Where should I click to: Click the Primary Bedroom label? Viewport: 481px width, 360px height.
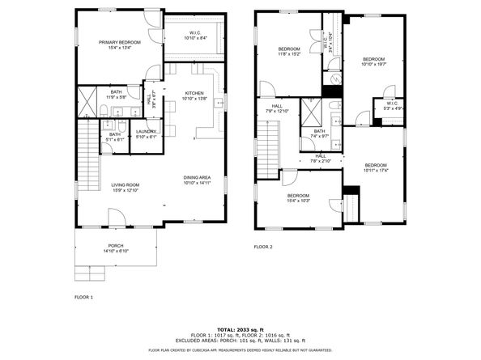tap(120, 44)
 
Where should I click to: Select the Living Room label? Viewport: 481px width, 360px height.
tap(126, 188)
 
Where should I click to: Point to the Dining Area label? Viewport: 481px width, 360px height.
tap(197, 180)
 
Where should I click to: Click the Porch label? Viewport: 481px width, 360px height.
tap(116, 248)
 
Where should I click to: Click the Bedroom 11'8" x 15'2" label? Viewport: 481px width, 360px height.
tap(290, 52)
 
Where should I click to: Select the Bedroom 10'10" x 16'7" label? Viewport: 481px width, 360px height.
tap(373, 61)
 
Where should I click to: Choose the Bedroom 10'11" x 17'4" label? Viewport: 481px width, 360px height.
tap(375, 167)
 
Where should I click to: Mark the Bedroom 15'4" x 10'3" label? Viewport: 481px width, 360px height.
tap(297, 197)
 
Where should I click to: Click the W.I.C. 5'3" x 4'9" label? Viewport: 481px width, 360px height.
tap(392, 105)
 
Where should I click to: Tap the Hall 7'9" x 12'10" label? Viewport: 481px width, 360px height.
tap(277, 108)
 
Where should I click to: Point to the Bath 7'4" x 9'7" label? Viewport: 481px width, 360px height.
tap(319, 133)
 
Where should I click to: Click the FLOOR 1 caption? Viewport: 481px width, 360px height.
tap(84, 298)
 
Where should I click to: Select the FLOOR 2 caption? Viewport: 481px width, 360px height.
tap(263, 247)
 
